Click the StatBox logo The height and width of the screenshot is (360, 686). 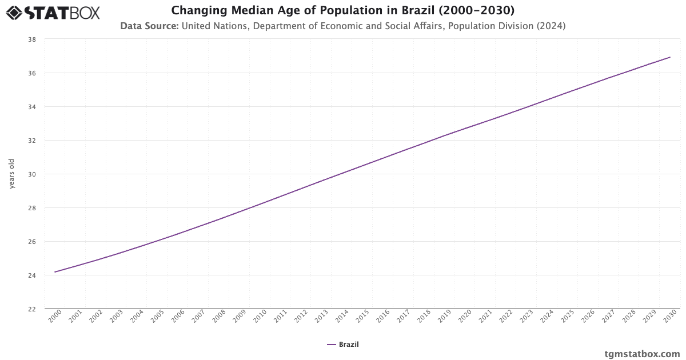(53, 13)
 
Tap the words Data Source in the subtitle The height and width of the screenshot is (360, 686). (149, 26)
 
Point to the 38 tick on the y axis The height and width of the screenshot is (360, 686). (32, 39)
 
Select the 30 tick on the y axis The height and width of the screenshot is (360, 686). (32, 174)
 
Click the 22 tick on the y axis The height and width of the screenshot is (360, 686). (32, 309)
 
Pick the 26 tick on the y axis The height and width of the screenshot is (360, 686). (32, 242)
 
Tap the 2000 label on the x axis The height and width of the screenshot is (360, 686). (55, 317)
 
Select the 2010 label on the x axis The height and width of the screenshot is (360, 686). (260, 317)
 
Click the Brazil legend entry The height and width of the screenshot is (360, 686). (343, 344)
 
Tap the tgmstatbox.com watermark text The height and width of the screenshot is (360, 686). (642, 354)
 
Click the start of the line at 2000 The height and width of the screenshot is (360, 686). (55, 272)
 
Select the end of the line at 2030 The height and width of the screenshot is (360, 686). (670, 57)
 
